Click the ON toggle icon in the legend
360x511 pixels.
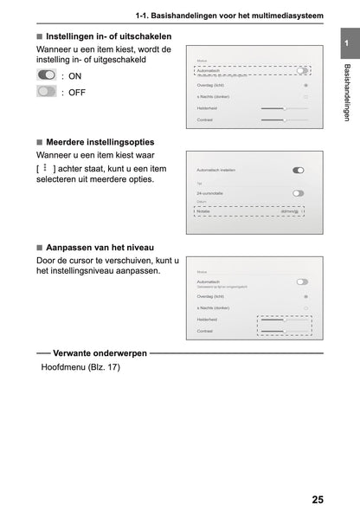pyautogui.click(x=47, y=76)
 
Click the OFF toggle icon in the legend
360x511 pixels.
pyautogui.click(x=47, y=91)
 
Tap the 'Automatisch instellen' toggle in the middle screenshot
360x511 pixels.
pyautogui.click(x=299, y=171)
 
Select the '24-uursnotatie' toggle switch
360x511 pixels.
pyautogui.click(x=299, y=193)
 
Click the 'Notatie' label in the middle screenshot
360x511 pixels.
pyautogui.click(x=204, y=210)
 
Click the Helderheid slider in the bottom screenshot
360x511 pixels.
pyautogui.click(x=284, y=319)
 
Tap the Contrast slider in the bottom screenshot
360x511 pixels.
pyautogui.click(x=284, y=331)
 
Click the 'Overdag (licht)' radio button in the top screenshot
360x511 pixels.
pyautogui.click(x=305, y=86)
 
